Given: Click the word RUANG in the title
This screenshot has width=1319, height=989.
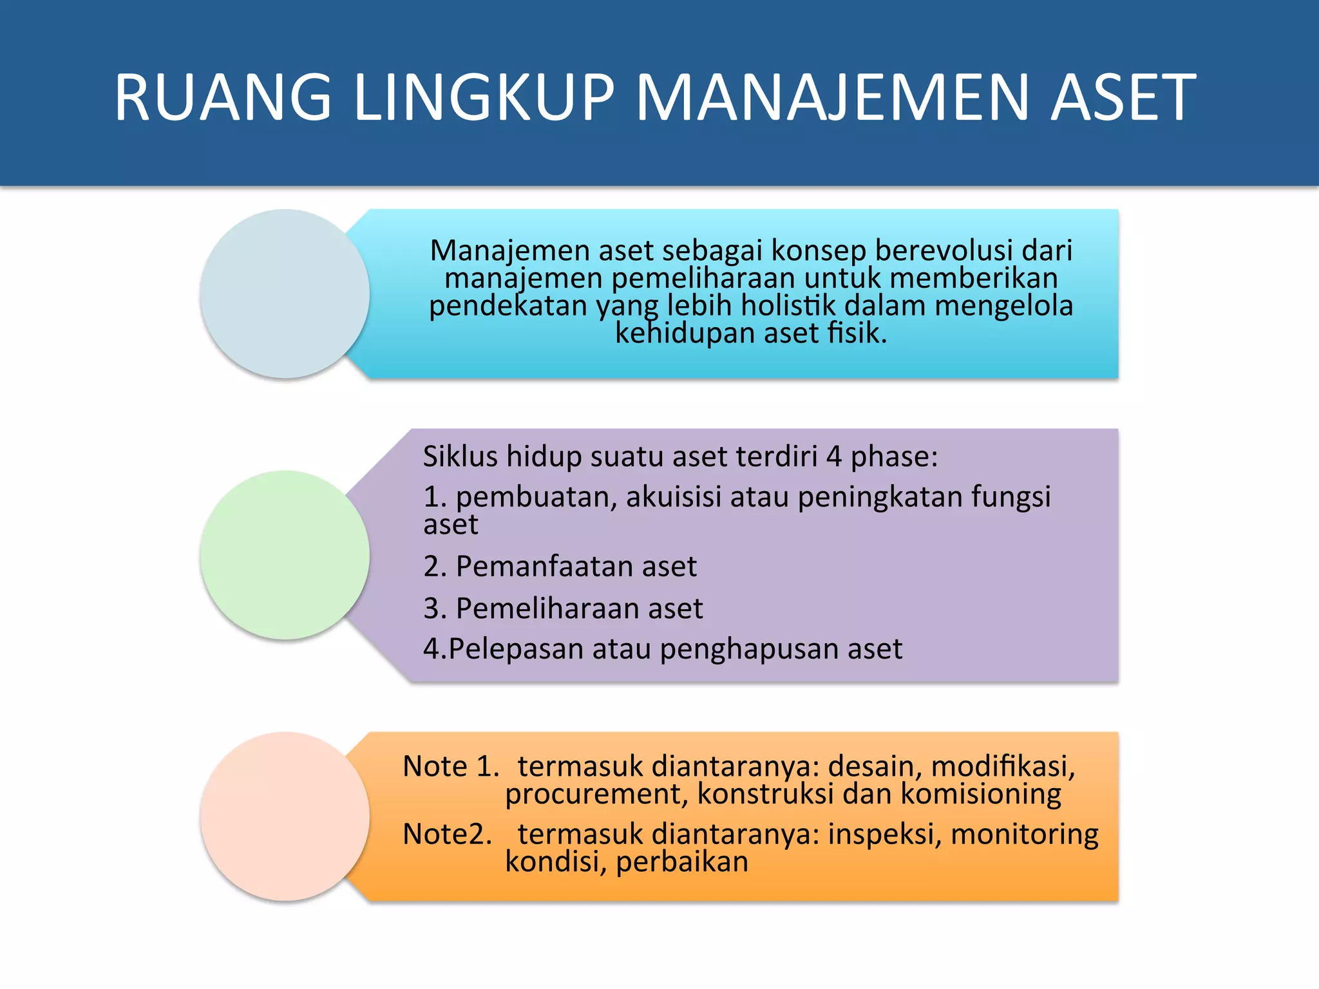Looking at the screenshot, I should (223, 97).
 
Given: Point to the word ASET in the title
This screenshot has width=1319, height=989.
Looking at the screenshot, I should (1123, 97).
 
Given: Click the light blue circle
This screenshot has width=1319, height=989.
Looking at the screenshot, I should (285, 294).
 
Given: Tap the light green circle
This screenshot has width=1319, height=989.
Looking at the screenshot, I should (285, 555).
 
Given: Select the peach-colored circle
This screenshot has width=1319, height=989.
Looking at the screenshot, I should (285, 816).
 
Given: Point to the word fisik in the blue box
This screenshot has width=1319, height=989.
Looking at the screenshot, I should (854, 334).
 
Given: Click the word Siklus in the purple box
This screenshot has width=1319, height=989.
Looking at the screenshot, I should (460, 457).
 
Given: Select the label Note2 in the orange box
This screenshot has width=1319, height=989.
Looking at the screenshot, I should (446, 834).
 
